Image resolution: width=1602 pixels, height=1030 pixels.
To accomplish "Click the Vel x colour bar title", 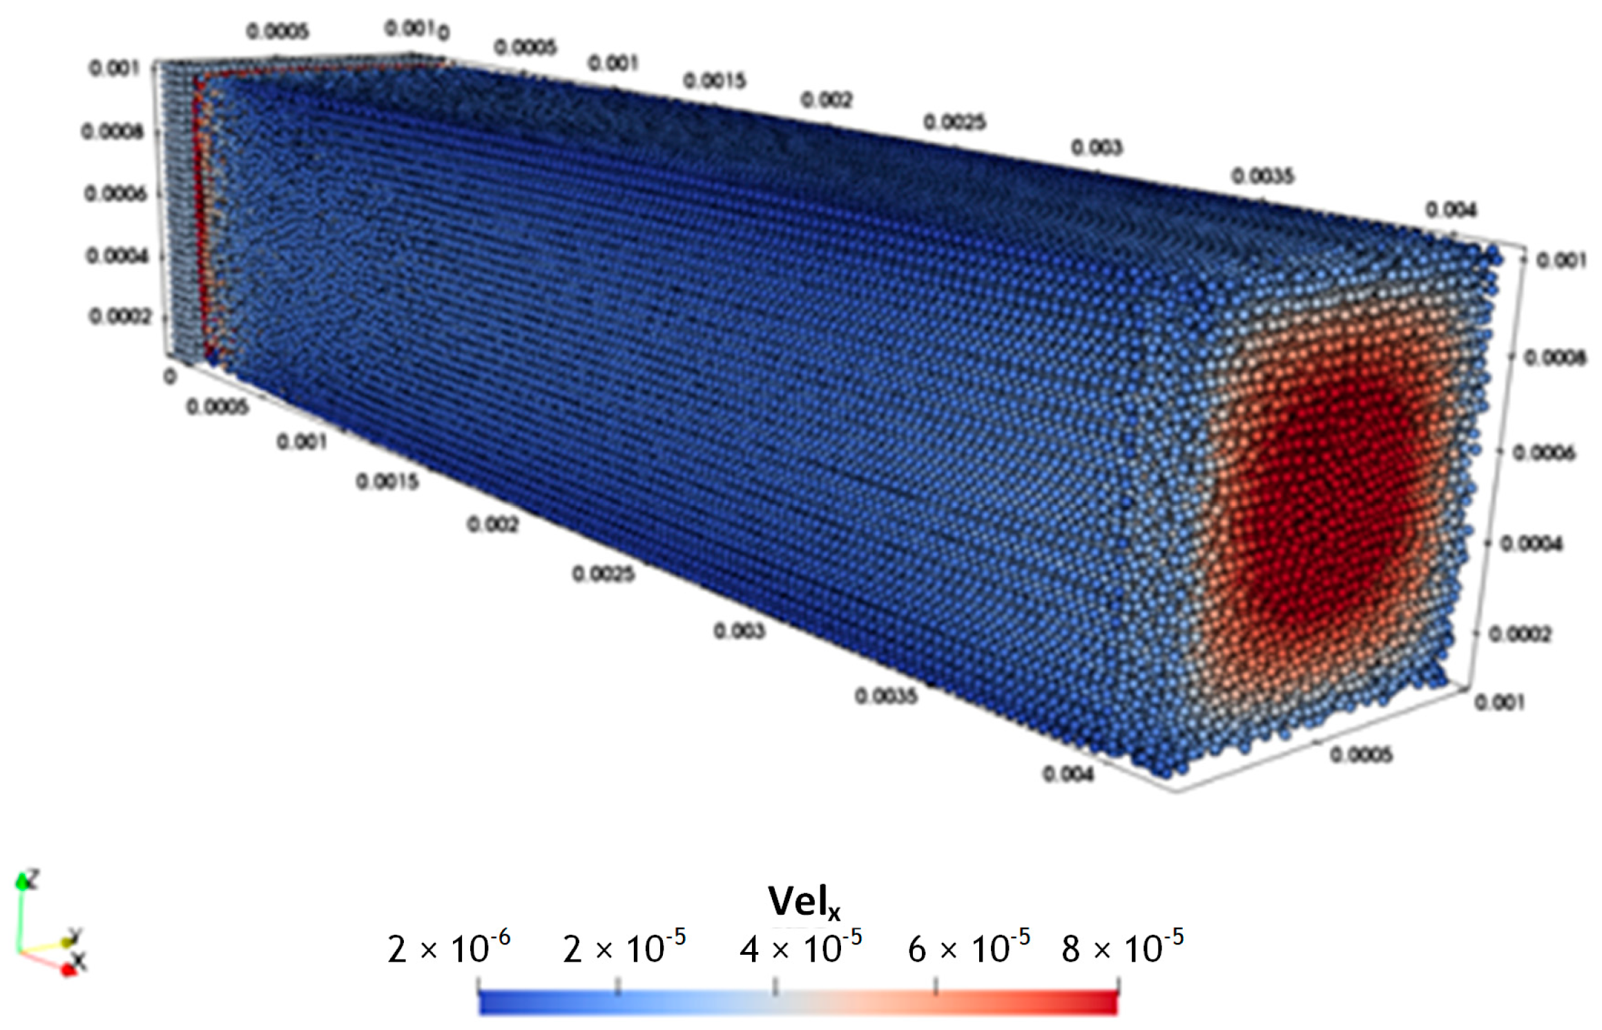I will (x=804, y=902).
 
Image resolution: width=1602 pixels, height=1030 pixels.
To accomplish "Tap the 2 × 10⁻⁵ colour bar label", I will (x=624, y=949).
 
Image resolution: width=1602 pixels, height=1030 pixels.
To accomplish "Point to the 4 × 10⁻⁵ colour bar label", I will (x=800, y=949).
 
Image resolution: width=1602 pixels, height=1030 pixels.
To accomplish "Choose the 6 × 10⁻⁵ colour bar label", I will (x=968, y=949).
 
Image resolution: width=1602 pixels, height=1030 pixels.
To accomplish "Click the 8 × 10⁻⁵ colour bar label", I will (x=1122, y=949).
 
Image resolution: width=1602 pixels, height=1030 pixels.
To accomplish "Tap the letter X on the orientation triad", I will (x=79, y=960).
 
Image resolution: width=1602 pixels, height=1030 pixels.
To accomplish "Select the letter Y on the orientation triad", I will (x=75, y=935).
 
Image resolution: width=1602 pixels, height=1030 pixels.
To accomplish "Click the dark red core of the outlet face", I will (x=1326, y=497).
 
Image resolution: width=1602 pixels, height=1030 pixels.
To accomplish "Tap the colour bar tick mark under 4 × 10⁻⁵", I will (x=775, y=986).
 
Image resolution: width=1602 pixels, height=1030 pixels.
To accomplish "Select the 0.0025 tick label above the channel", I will (x=955, y=122).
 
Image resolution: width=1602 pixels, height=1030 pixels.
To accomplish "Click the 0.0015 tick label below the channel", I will (x=387, y=481).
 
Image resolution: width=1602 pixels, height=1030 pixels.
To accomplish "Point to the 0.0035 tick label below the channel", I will (x=886, y=696).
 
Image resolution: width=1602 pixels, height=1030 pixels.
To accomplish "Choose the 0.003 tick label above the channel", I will (x=1097, y=147).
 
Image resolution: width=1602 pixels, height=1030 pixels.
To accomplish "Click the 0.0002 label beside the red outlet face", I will (x=1520, y=634).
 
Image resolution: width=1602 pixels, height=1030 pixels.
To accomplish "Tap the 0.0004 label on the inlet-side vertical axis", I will (x=117, y=256).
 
